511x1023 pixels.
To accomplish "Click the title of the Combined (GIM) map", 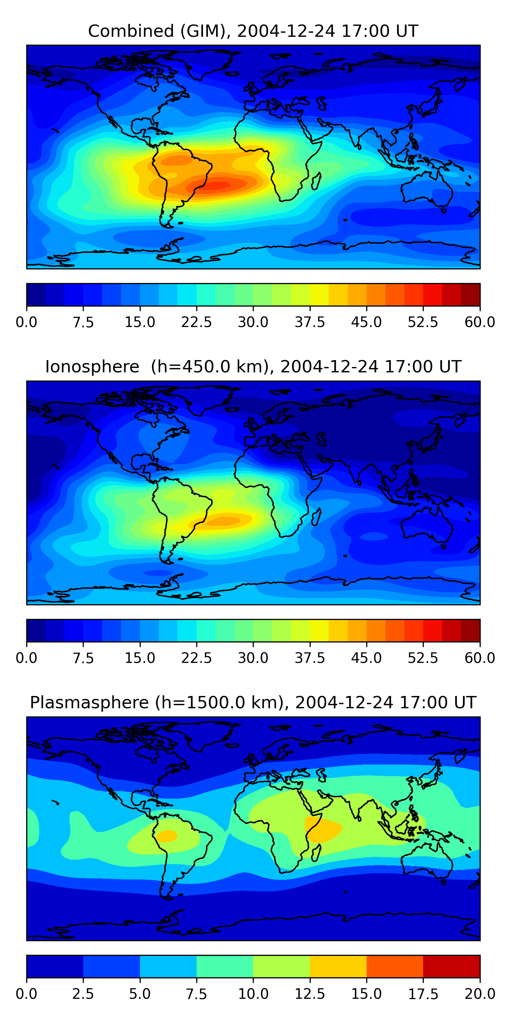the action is [x=253, y=31].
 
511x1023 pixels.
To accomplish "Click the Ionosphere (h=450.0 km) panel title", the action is [x=253, y=367].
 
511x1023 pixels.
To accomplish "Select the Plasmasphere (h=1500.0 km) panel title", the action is [x=253, y=702].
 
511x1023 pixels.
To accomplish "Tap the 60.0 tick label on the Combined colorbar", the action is [x=480, y=322].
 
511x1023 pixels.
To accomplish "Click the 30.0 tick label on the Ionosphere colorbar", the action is [x=253, y=658].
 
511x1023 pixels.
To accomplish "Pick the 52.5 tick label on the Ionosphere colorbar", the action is [x=423, y=658].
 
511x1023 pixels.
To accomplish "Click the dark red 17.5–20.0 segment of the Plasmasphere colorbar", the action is [x=451, y=966].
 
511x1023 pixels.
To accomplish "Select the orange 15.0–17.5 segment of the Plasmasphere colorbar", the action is [x=395, y=966].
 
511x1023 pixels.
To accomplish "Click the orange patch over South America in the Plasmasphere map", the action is [x=167, y=835].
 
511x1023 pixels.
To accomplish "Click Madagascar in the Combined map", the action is [x=316, y=181].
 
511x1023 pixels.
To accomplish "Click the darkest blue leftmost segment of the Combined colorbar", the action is [x=36, y=295].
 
